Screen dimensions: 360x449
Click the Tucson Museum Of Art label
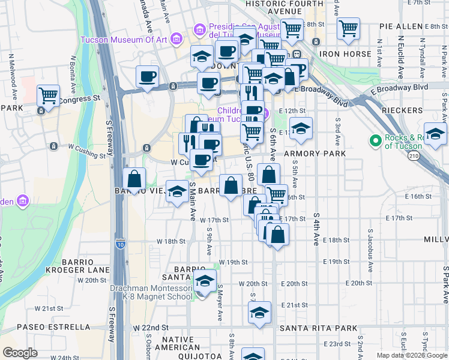coord(125,40)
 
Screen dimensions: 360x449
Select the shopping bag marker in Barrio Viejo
coord(134,179)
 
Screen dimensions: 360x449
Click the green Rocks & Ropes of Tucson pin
coord(376,141)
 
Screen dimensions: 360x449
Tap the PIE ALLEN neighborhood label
coord(402,27)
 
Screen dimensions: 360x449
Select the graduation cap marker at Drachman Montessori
coord(205,281)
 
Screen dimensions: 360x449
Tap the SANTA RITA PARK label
coord(318,328)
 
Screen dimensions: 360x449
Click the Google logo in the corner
coord(20,353)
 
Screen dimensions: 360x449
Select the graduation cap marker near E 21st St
coord(259,312)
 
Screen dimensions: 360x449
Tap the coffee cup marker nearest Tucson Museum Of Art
coord(148,76)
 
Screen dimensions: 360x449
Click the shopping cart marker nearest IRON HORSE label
coord(348,28)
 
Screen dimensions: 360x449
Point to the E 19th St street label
coord(336,262)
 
